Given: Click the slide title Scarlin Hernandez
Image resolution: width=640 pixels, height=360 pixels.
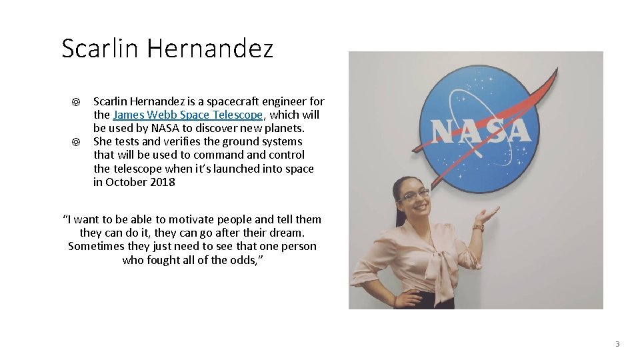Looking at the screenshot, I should click(167, 49).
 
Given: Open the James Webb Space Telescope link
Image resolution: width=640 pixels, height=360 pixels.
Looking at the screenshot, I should click(187, 115).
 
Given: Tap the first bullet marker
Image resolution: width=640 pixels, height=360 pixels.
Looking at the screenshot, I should click(77, 102).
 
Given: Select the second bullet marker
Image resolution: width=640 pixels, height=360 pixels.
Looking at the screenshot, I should click(77, 142).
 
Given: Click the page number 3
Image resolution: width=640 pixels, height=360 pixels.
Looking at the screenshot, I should click(617, 344).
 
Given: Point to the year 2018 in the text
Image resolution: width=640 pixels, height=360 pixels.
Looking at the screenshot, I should click(162, 182).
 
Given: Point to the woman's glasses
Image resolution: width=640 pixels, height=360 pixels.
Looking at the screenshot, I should click(413, 195).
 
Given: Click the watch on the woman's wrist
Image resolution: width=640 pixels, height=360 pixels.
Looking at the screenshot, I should click(477, 227).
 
